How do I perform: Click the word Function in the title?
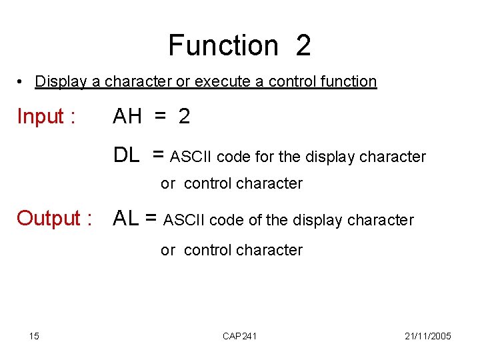[x=223, y=45]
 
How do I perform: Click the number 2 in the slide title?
[x=303, y=45]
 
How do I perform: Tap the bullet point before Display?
[x=22, y=81]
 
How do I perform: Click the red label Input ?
[x=45, y=117]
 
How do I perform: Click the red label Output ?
[x=54, y=218]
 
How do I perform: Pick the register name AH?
[x=127, y=117]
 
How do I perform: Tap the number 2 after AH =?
[x=184, y=117]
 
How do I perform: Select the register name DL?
[x=126, y=156]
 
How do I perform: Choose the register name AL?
[x=127, y=218]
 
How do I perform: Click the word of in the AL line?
[x=255, y=220]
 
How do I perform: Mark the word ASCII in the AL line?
[x=185, y=220]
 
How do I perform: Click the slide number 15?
[x=34, y=336]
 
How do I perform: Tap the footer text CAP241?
[x=239, y=336]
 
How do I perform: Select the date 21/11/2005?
[x=428, y=336]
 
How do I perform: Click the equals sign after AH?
[x=160, y=117]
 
